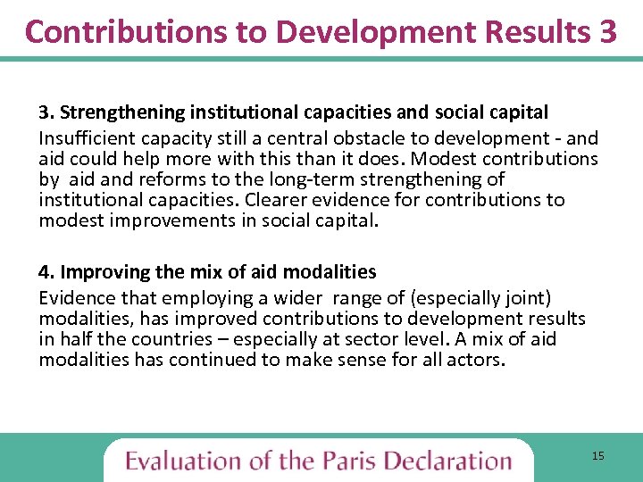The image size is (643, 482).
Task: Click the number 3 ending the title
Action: coord(606,31)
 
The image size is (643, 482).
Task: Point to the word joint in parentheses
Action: coord(530,297)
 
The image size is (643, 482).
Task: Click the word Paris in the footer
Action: coord(348,461)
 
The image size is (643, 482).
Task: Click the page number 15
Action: coord(597,456)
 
